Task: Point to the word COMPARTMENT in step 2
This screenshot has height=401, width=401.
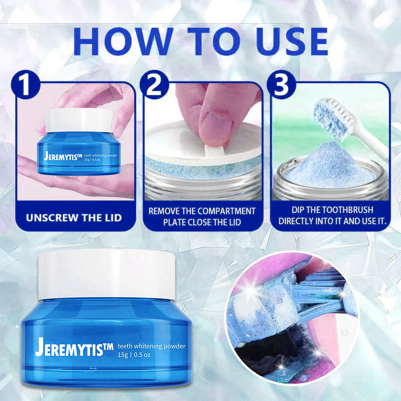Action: click(229, 211)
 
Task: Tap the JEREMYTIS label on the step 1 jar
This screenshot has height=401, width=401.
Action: click(61, 157)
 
